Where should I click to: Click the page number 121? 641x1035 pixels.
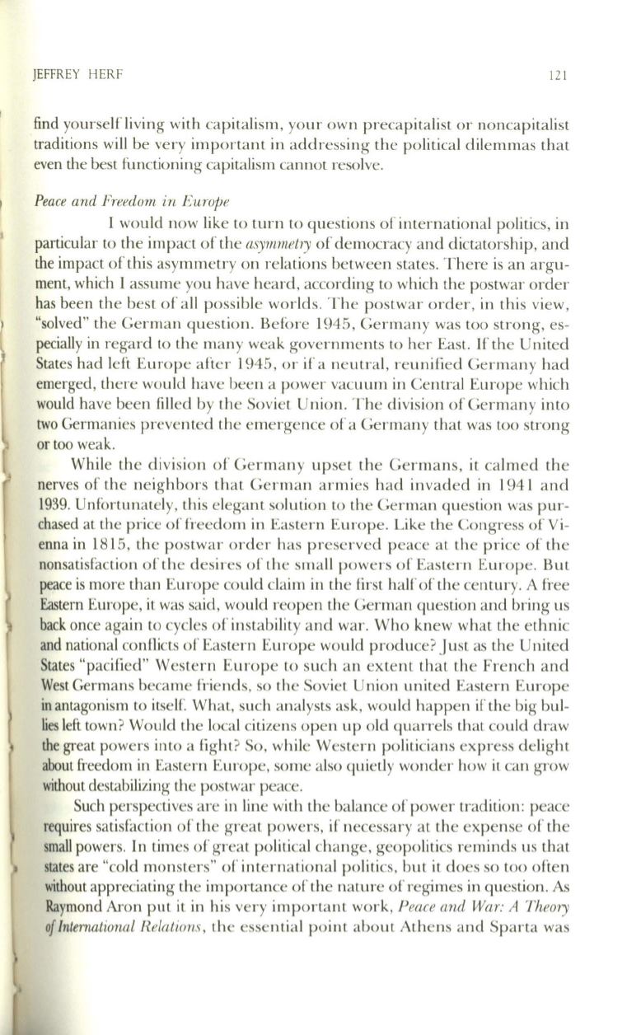(x=559, y=76)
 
